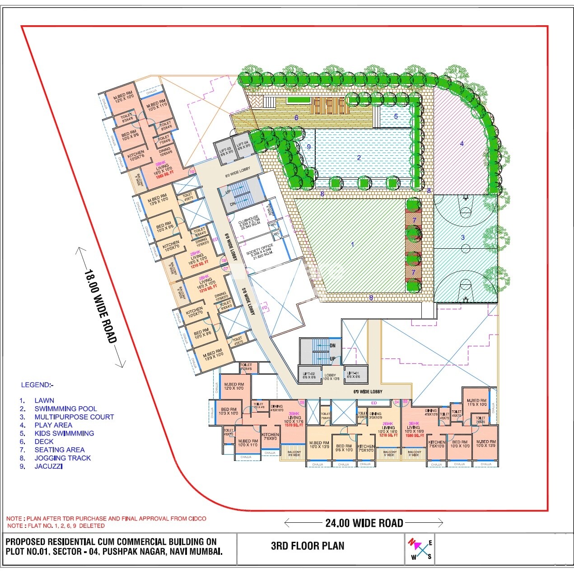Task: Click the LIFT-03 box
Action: [226, 152]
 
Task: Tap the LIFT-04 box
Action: [243, 145]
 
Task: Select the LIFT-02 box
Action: [309, 375]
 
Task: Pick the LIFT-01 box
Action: [353, 374]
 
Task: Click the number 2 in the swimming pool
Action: [359, 158]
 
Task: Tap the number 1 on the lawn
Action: [352, 244]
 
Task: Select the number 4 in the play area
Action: [462, 144]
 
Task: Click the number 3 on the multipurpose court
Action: [462, 237]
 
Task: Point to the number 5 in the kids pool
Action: [396, 116]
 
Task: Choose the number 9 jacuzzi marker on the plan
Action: [309, 147]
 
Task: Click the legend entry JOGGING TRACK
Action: [62, 458]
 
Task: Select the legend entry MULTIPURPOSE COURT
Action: [74, 417]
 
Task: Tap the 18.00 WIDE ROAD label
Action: [101, 307]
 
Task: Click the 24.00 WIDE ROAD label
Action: [364, 523]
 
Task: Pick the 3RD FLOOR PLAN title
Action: [308, 546]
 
